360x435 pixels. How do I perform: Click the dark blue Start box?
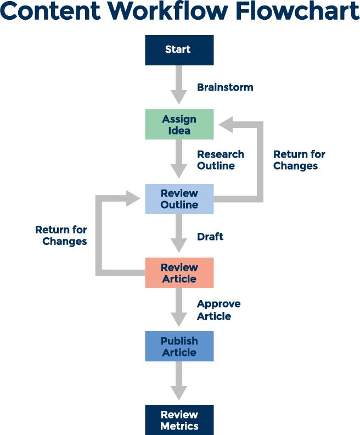pos(179,50)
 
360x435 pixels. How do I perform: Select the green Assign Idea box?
pos(179,124)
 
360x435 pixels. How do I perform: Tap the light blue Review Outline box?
pos(179,199)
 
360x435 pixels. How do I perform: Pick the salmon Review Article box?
pos(179,273)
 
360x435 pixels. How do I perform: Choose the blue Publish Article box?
pos(179,347)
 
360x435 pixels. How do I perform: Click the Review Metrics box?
pos(179,420)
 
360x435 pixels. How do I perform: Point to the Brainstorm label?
pos(225,87)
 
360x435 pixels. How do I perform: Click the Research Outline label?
pos(221,160)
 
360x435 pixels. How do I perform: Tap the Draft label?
pos(210,237)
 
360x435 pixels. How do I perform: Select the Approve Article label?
pos(218,310)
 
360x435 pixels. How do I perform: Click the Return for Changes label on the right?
pos(299,160)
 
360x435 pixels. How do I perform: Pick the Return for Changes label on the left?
pos(61,235)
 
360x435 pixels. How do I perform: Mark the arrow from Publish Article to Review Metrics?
pos(179,381)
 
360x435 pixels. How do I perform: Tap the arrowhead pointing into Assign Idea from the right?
pos(226,124)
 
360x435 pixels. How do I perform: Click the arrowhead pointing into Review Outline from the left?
pos(133,198)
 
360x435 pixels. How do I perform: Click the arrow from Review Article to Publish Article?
pos(179,306)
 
